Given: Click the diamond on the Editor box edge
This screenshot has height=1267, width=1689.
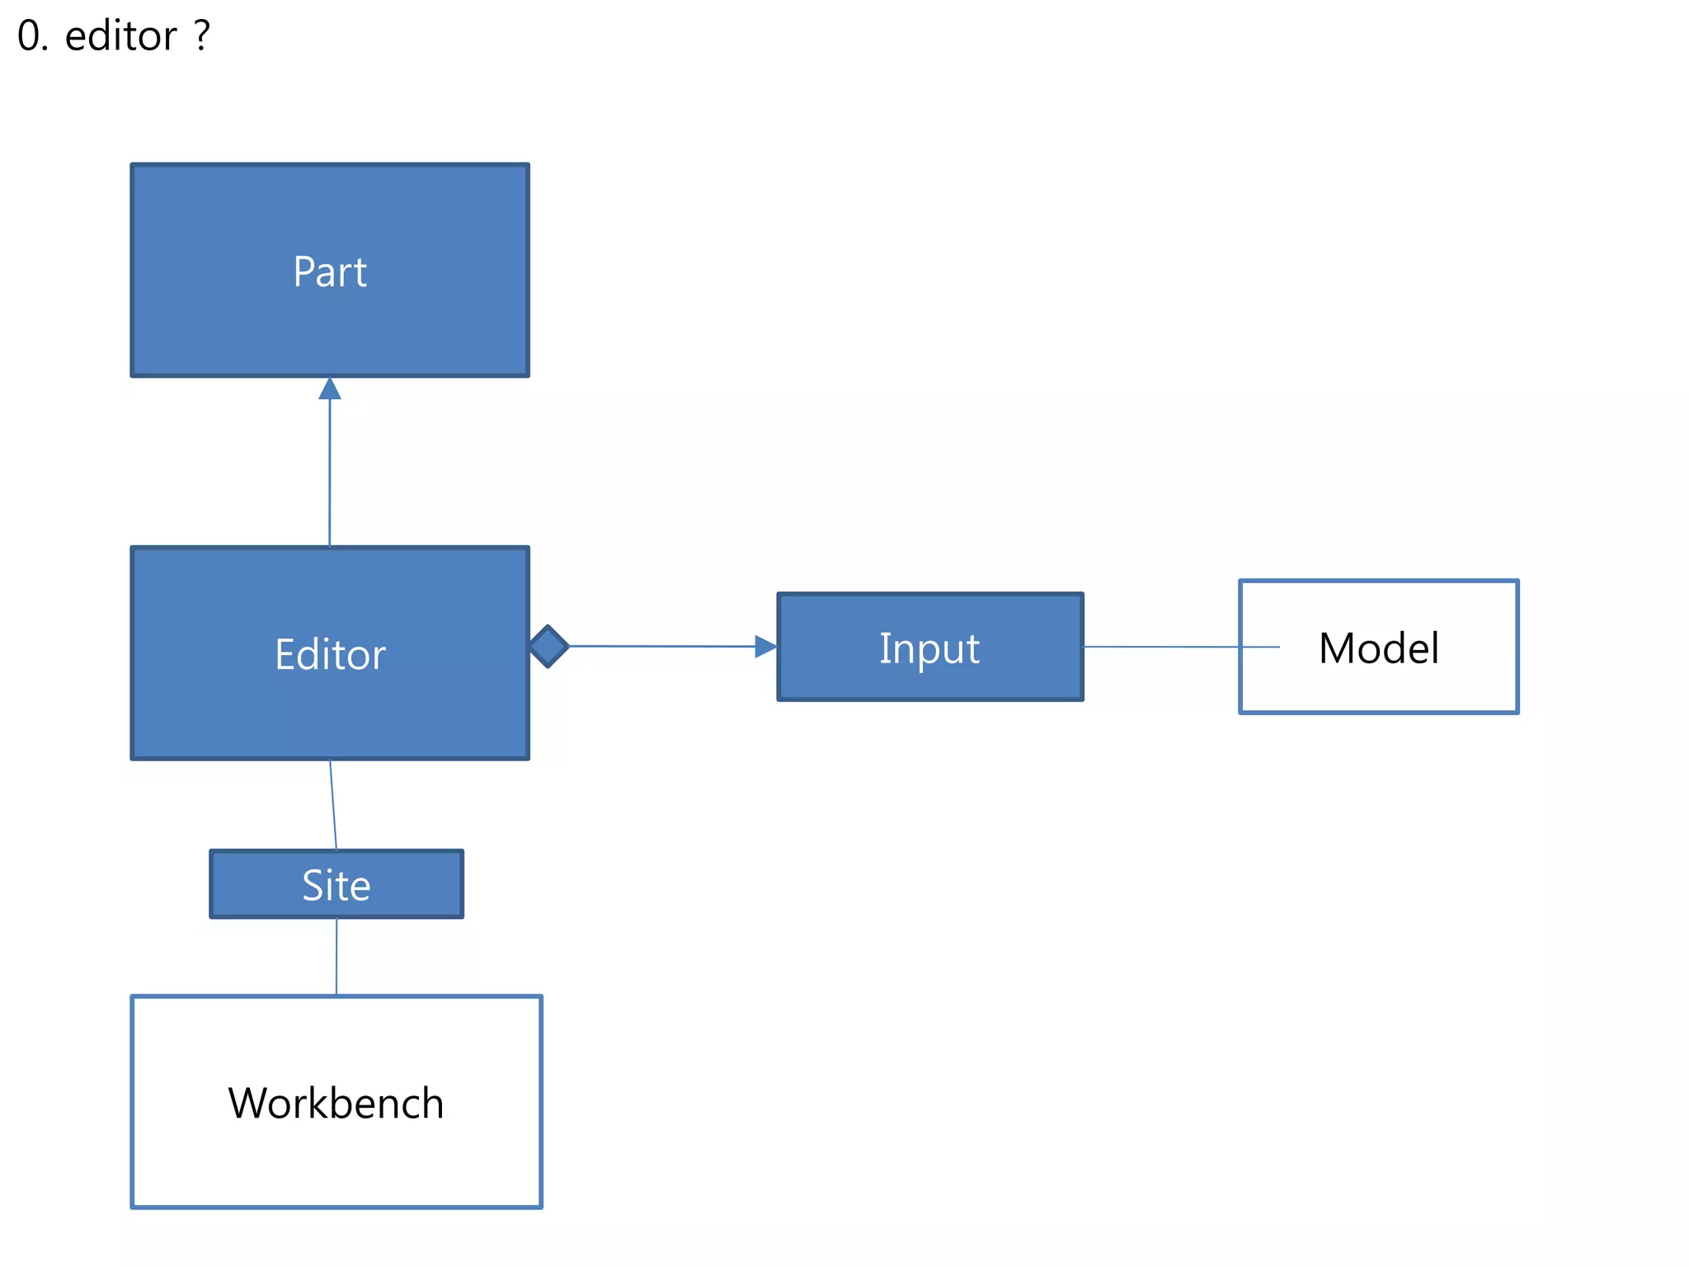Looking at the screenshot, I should (x=548, y=646).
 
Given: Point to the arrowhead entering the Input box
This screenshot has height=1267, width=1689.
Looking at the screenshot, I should (x=766, y=647).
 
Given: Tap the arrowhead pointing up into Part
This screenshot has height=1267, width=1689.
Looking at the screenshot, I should (x=330, y=389).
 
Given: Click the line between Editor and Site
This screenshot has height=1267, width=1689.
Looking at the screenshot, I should (x=333, y=804).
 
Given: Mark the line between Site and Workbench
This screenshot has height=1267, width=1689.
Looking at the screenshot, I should (x=336, y=957).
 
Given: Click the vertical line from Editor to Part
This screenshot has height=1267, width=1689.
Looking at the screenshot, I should (x=330, y=470).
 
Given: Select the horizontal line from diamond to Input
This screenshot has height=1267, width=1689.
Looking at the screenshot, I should (x=660, y=646).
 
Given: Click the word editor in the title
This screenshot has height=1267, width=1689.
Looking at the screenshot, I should (x=120, y=37).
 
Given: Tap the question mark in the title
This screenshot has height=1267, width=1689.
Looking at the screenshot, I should (x=203, y=35).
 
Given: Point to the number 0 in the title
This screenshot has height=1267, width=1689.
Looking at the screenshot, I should (x=28, y=37).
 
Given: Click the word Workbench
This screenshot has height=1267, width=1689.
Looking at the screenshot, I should (x=336, y=1103).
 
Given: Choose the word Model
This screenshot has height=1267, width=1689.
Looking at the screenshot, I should (x=1379, y=648).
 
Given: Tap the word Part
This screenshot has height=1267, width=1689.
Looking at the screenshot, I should (x=330, y=271).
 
